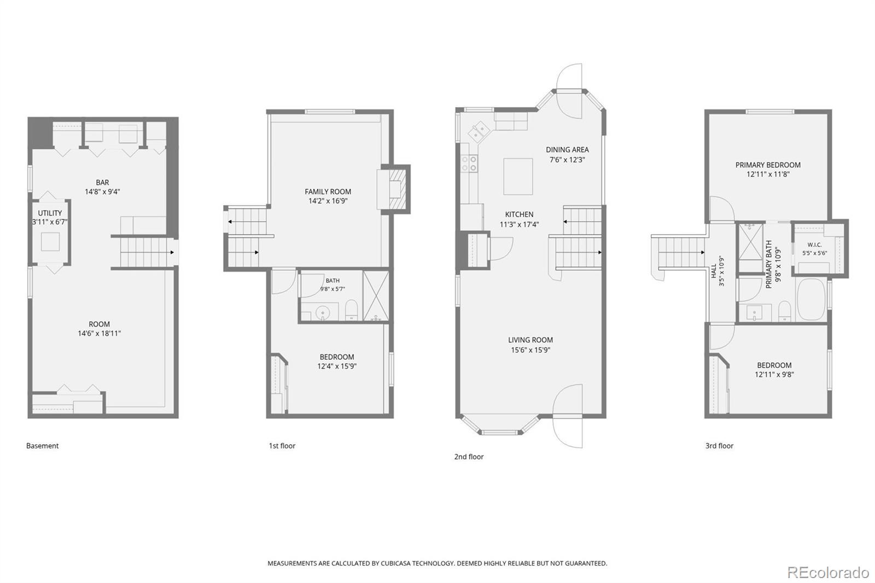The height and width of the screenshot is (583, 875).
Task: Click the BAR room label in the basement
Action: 102,183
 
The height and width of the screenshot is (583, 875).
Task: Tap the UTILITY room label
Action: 50,213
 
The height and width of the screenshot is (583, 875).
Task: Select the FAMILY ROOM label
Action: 328,191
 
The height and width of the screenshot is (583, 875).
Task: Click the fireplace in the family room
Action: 395,189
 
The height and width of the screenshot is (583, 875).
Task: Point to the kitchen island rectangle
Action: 518,176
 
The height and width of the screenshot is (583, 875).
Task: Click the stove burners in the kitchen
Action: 469,164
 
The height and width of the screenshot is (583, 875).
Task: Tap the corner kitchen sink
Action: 479,132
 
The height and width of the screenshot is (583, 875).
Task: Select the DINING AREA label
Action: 567,150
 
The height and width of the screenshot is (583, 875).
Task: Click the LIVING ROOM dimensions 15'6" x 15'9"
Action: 530,350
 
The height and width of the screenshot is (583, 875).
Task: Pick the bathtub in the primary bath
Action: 811,299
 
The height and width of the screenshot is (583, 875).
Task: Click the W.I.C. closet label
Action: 814,245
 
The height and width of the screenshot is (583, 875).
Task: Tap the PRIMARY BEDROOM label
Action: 768,165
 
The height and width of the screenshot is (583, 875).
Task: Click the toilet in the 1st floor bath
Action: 351,310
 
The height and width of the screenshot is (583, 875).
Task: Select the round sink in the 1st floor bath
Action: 323,313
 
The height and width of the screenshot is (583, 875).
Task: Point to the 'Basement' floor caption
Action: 42,446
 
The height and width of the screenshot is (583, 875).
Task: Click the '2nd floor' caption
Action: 469,457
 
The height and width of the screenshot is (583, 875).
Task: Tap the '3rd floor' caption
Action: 719,446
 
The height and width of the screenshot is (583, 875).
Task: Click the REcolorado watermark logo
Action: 828,573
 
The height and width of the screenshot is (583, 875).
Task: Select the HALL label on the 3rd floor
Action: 714,271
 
